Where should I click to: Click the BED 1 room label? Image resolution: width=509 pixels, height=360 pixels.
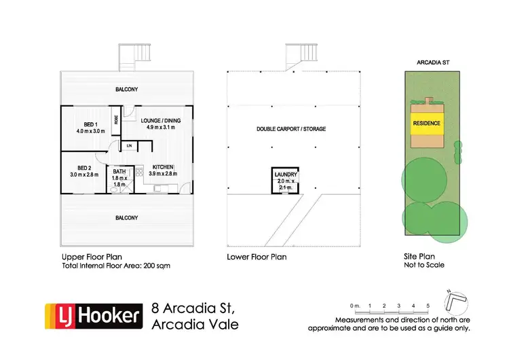89,124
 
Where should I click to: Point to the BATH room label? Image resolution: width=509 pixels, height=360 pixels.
119,172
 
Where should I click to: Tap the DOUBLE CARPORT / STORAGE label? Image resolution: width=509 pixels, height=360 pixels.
290,130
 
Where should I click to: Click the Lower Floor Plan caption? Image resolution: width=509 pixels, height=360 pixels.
257,257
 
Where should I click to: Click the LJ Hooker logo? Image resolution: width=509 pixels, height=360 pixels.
94,317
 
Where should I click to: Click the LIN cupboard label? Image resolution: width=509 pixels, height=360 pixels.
129,146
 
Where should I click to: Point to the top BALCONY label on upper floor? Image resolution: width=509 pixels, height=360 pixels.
127,89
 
